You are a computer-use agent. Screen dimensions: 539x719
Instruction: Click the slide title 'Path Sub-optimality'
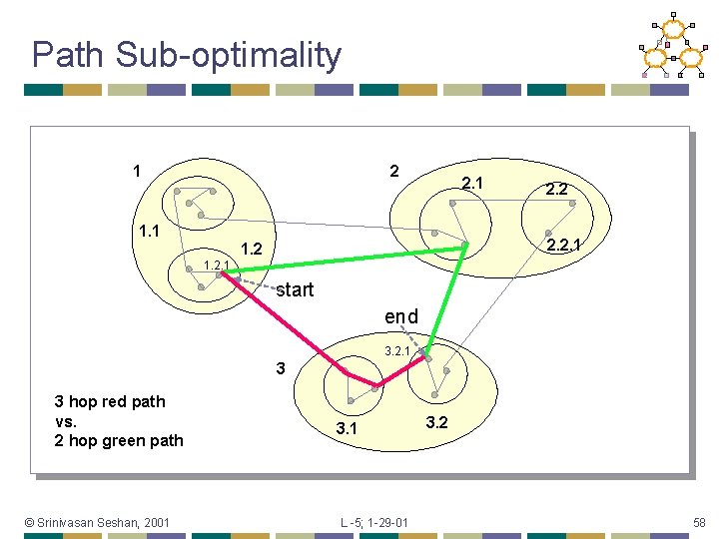click(x=186, y=55)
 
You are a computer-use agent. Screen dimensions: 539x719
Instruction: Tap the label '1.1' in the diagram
click(x=150, y=233)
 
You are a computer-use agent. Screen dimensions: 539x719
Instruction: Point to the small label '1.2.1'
click(x=217, y=265)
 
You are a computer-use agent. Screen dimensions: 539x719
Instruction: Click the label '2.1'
click(x=472, y=183)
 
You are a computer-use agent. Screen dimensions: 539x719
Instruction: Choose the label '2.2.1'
click(x=562, y=245)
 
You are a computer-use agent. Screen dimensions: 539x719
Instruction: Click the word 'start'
click(x=295, y=290)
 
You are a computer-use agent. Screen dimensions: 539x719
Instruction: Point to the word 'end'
click(x=401, y=316)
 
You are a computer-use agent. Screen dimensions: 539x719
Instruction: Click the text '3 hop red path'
click(x=110, y=401)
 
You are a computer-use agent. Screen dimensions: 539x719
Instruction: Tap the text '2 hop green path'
click(x=119, y=440)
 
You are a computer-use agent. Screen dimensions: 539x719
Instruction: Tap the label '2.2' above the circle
click(x=557, y=188)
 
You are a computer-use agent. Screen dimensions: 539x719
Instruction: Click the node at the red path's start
click(x=222, y=272)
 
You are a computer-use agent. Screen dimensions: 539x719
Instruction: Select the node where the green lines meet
click(x=465, y=246)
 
